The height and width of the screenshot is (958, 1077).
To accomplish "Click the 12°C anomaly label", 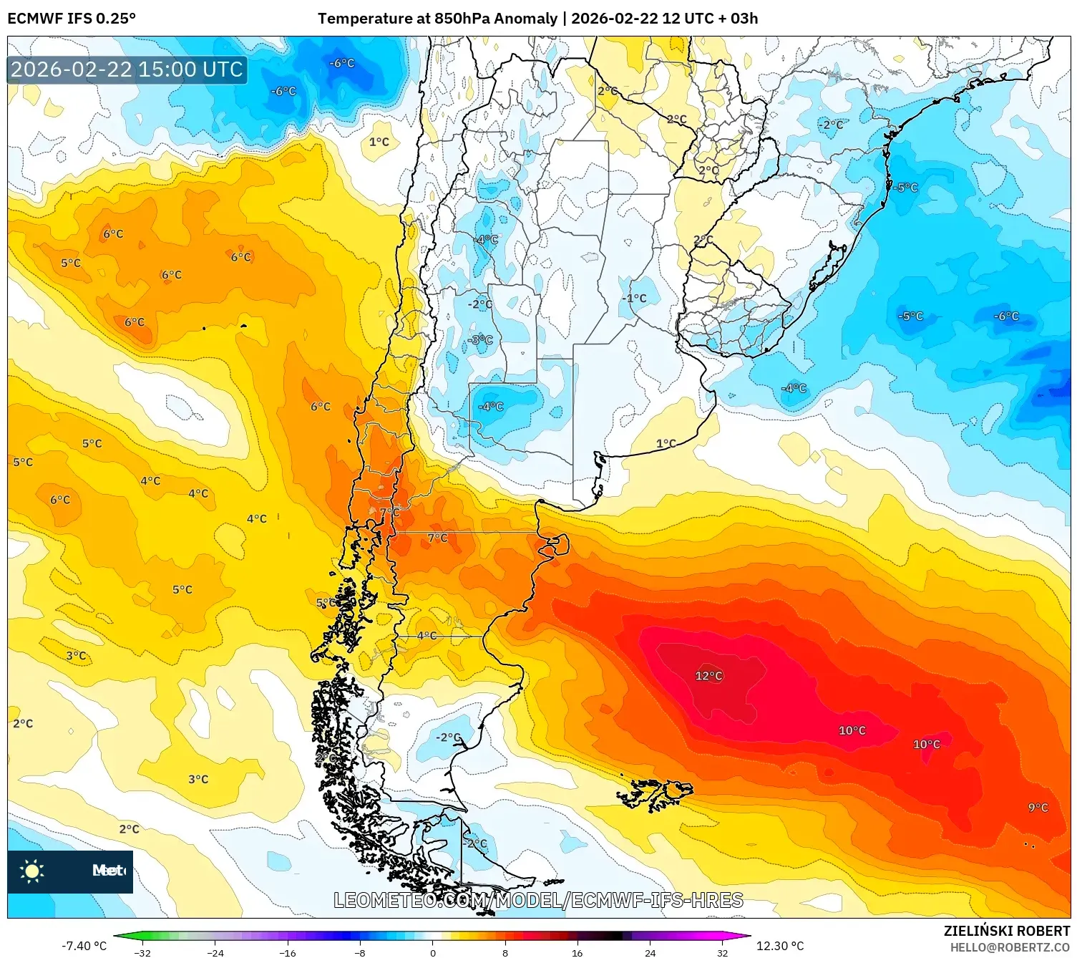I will [x=708, y=676].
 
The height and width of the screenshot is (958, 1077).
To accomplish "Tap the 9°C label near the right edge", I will [x=1038, y=808].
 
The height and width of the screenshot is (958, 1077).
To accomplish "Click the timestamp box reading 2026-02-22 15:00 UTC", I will [x=127, y=69].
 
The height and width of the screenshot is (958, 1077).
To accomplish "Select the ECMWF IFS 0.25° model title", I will [x=72, y=19].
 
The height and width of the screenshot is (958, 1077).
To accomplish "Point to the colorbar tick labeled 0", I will [x=432, y=952].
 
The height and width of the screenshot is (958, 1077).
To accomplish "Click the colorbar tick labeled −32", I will [x=142, y=952].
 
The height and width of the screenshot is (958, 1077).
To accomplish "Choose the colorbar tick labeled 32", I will [x=722, y=952].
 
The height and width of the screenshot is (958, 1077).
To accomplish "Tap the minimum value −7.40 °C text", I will [x=84, y=946].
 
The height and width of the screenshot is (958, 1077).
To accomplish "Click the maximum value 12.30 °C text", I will [x=780, y=946].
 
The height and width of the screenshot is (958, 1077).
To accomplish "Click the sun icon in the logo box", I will [x=32, y=871].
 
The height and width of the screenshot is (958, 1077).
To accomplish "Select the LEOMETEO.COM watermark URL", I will [x=538, y=900].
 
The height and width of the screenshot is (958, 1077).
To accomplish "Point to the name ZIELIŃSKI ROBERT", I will [x=1006, y=931].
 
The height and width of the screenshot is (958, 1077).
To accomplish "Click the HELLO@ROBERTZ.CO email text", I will [x=1010, y=947].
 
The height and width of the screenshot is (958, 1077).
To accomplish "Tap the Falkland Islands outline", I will [x=657, y=793].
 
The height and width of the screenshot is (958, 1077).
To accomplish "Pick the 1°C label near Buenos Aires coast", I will [x=666, y=444].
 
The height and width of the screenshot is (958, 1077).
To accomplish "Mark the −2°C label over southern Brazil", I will [x=831, y=125].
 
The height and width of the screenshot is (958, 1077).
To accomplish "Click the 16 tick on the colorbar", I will [x=577, y=952].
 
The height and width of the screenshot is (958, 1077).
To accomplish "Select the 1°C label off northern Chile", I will [x=379, y=142].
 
